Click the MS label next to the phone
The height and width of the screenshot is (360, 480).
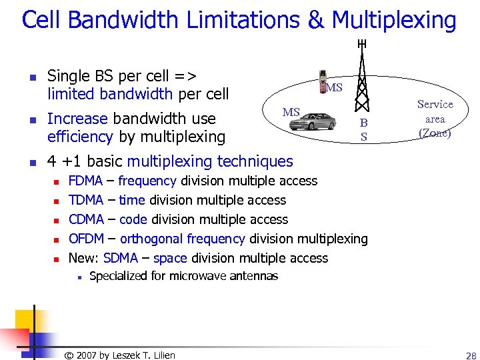(x=334, y=88)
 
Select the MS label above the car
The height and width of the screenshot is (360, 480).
(x=291, y=112)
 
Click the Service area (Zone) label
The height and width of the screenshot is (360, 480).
(x=435, y=119)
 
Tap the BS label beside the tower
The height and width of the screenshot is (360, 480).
(x=363, y=130)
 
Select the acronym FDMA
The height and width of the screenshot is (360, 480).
(x=86, y=181)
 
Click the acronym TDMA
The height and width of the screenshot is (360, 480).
(x=86, y=200)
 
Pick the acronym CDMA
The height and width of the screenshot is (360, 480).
(x=87, y=219)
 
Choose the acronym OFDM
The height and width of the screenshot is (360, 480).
(x=86, y=239)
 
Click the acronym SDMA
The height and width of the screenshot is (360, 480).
(x=121, y=258)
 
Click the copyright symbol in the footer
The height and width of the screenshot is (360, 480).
(x=68, y=355)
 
